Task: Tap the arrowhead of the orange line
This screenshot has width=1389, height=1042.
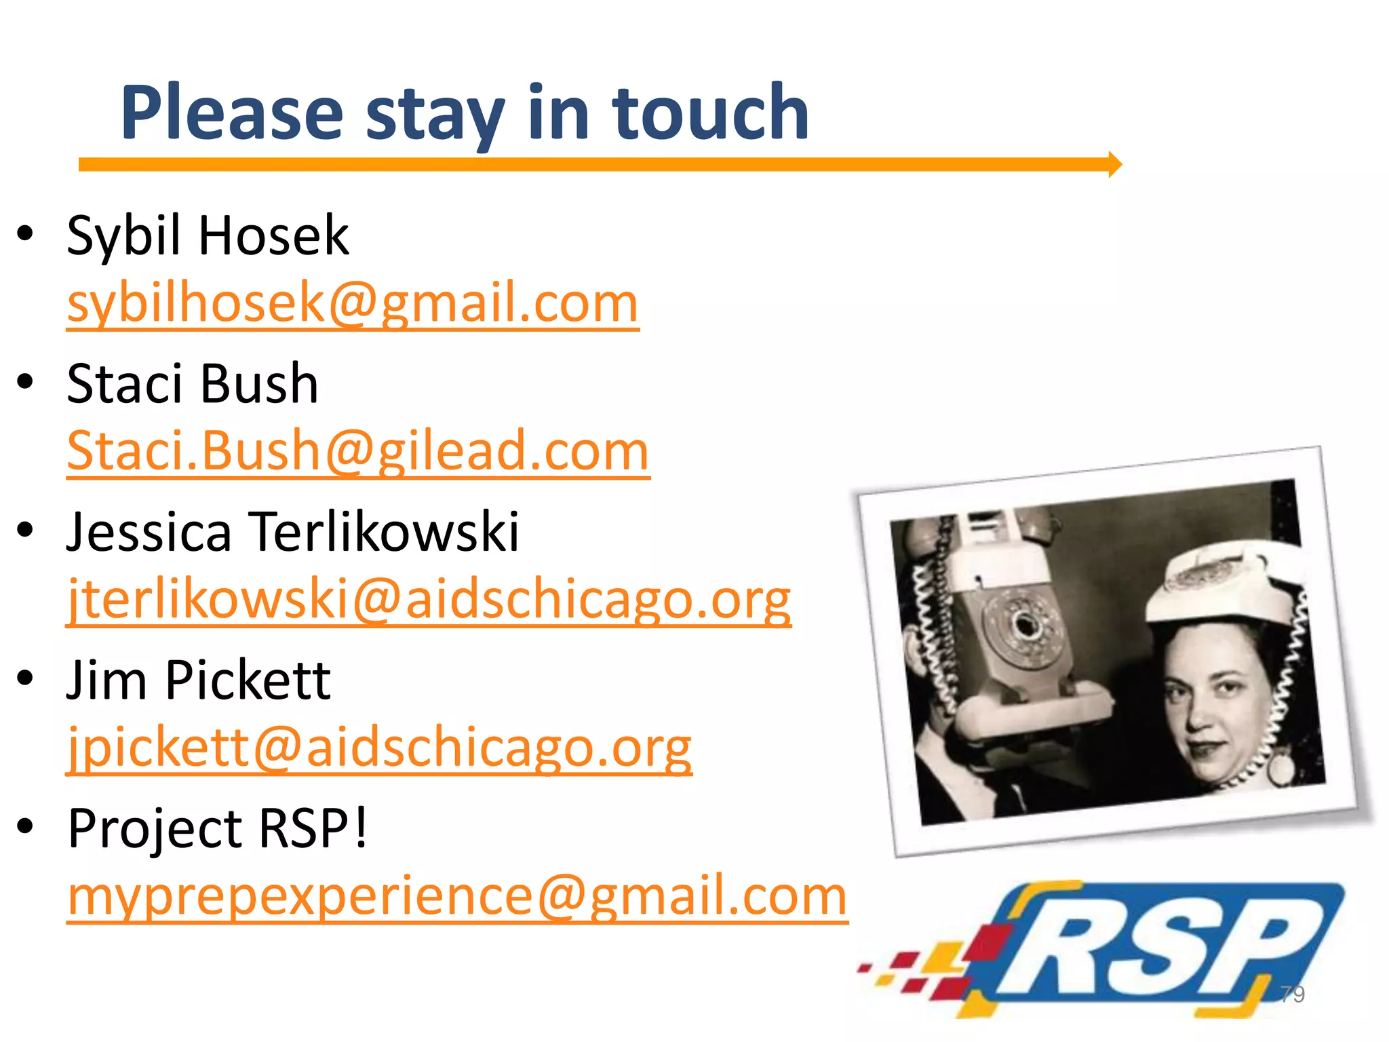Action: [1114, 164]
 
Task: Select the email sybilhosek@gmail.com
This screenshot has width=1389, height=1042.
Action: [353, 303]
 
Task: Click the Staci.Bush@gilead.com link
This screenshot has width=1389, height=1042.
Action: [358, 450]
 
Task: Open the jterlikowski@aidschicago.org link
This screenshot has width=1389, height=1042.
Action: [429, 599]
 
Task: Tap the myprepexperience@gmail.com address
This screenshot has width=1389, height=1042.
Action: [458, 895]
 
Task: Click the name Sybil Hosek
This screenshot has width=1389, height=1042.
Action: [208, 235]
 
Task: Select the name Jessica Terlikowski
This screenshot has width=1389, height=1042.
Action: [292, 532]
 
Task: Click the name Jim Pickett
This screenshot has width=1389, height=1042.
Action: [199, 680]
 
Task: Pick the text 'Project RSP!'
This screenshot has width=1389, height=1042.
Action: [218, 828]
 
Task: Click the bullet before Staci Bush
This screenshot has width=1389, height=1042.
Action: [26, 381]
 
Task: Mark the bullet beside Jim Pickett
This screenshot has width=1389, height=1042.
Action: [26, 678]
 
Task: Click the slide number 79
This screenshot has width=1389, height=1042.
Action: [1292, 994]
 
